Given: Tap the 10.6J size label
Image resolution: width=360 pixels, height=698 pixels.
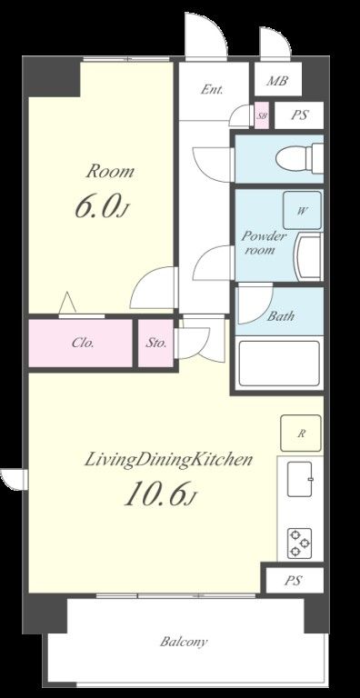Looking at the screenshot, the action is point(159,495).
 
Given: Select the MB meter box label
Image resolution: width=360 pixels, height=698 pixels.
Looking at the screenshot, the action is point(277,81).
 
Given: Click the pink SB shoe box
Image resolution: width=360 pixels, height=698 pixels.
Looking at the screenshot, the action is point(262,115).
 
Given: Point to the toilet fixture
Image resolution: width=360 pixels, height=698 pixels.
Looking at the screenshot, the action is point(298,158).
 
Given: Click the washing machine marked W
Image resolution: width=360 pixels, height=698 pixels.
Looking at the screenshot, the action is point(302,211).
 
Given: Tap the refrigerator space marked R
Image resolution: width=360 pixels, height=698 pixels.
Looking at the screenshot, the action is point(301,434).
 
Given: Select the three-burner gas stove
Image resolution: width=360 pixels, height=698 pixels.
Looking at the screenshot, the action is point(299,543).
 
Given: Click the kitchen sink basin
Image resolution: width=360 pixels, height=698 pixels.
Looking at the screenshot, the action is point(299,479).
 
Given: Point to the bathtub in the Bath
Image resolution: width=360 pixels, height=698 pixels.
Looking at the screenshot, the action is point(279,364).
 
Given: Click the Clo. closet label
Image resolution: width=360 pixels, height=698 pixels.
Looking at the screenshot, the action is point(84,344).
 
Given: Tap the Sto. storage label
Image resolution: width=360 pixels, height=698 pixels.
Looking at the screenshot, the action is point(156,344).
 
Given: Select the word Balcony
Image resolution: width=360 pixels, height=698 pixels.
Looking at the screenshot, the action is point(184,642).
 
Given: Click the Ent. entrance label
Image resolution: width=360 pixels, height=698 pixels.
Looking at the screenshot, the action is point(212,89).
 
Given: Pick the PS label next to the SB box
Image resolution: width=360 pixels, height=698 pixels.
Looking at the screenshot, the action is point(299,115).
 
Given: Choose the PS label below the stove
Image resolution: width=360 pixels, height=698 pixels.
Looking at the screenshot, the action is point(293,581).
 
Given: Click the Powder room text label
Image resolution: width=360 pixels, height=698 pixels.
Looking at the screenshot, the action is point(263,243).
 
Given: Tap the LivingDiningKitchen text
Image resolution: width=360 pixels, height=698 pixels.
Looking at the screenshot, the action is point(168,460).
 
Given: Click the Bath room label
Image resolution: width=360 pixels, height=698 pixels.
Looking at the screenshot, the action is point(281,316).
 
